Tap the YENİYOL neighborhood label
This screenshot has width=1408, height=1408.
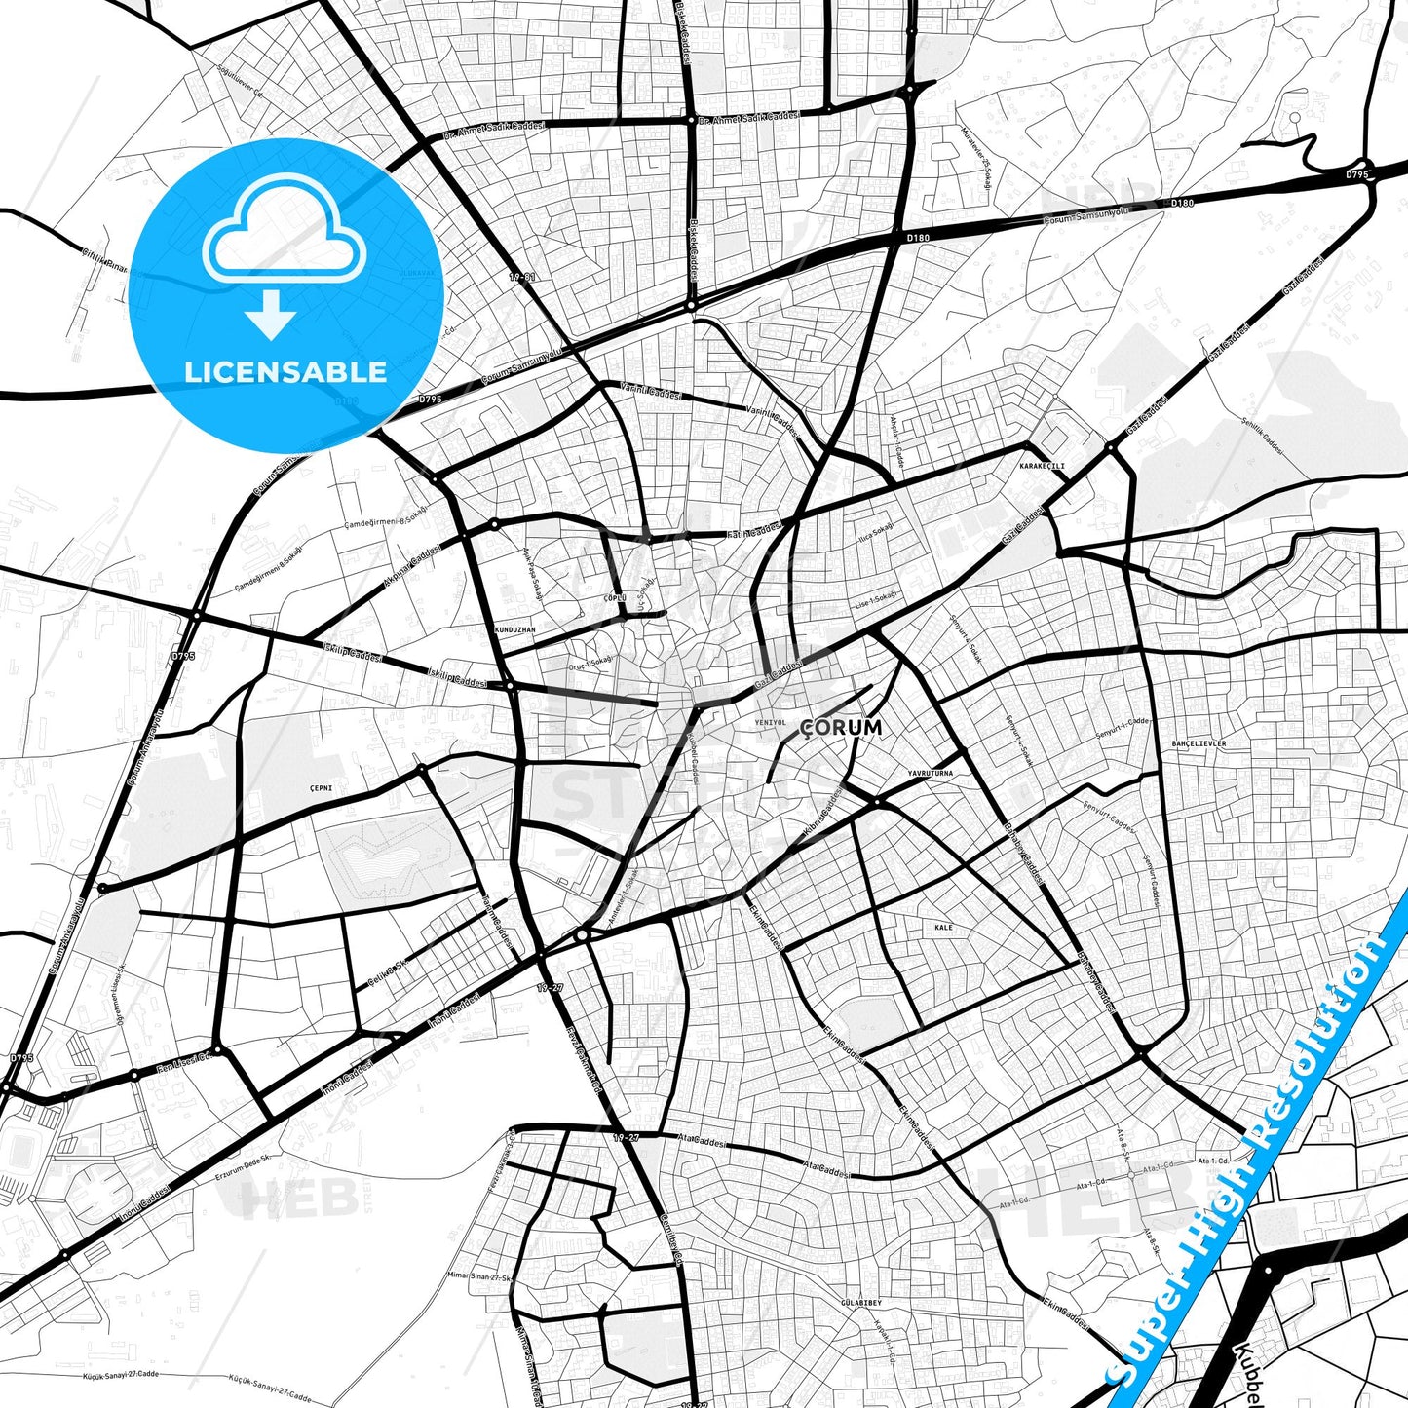770,723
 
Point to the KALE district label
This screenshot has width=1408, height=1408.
943,928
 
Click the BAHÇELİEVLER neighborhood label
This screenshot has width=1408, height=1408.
1199,743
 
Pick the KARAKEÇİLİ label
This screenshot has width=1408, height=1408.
1043,466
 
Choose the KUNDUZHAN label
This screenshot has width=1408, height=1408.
515,630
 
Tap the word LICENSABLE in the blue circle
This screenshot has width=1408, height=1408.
285,371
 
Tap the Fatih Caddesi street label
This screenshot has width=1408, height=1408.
755,530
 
